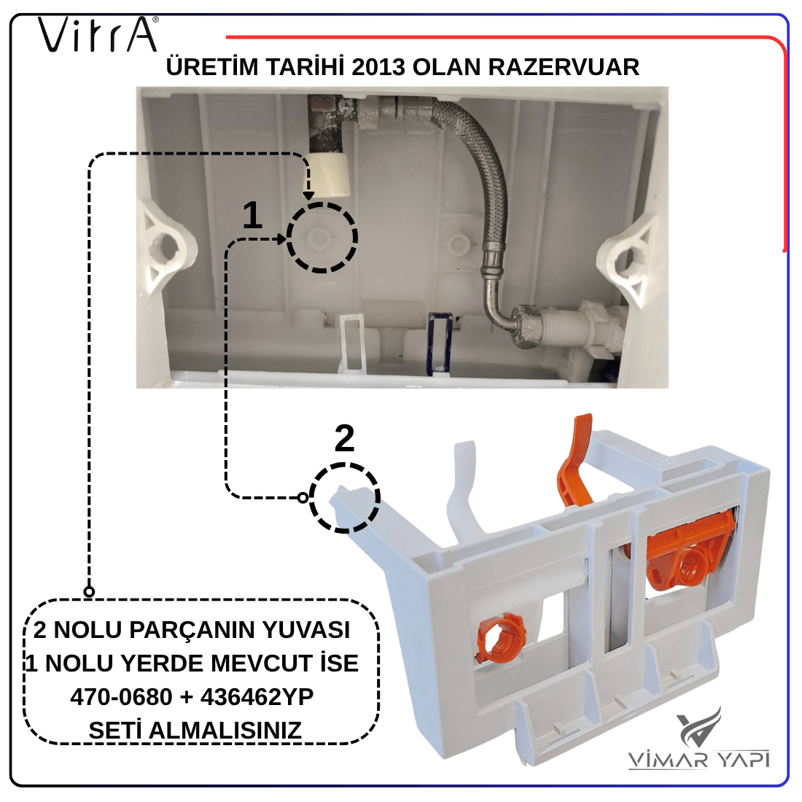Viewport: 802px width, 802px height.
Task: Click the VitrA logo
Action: (x=98, y=35)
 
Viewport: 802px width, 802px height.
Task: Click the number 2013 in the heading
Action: (x=378, y=67)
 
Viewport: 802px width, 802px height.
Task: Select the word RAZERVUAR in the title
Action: (x=564, y=67)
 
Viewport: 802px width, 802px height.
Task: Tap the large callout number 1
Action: (x=252, y=215)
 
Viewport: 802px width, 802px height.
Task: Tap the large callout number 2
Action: (x=344, y=438)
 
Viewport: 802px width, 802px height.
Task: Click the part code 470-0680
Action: (x=121, y=696)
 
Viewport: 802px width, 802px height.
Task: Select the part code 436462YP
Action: (x=257, y=696)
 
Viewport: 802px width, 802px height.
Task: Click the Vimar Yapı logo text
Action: (x=698, y=759)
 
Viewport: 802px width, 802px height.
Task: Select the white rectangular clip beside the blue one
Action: (x=352, y=343)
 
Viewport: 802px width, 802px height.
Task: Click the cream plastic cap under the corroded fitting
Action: (x=330, y=174)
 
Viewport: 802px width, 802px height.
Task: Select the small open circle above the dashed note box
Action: (x=89, y=592)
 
